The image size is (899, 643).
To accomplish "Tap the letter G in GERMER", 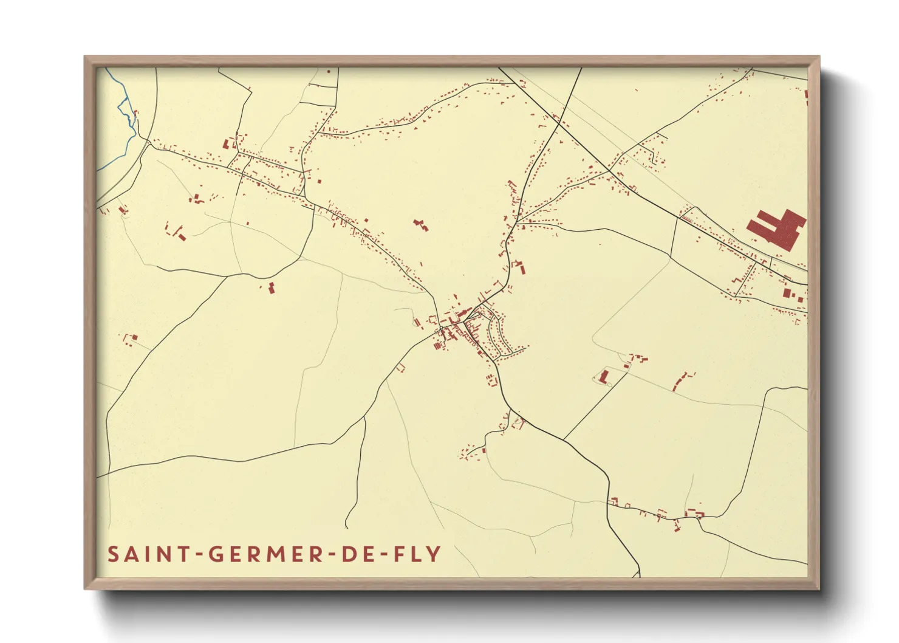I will [216, 554].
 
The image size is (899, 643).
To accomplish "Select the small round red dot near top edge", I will [329, 72].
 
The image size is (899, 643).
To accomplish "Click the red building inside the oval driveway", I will [603, 376].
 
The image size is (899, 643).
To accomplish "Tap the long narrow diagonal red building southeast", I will [680, 382].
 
